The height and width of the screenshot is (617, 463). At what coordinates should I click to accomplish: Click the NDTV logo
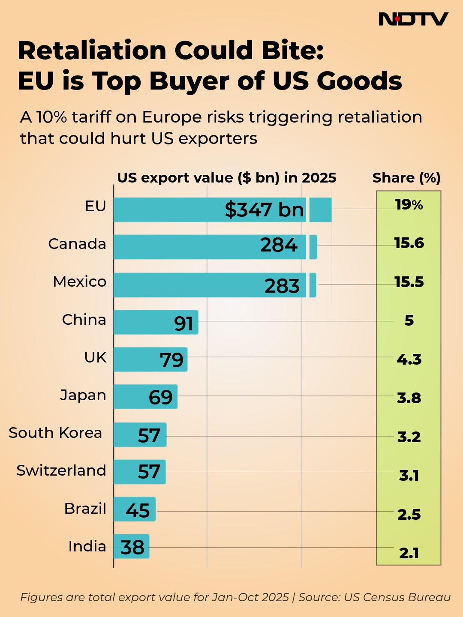[x=413, y=19]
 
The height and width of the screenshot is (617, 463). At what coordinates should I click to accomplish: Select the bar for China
[x=156, y=322]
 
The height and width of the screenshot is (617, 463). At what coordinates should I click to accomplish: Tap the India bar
[x=131, y=546]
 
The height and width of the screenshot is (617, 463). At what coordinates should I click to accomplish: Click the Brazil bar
[x=135, y=509]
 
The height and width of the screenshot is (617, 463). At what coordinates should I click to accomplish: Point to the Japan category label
[x=83, y=395]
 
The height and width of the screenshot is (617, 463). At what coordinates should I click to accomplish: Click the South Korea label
[x=55, y=433]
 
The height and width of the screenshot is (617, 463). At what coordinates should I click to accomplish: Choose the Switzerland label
[x=61, y=470]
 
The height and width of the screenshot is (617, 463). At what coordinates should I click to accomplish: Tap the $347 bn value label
[x=264, y=210]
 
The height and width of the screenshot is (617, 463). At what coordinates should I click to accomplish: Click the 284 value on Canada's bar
[x=279, y=245]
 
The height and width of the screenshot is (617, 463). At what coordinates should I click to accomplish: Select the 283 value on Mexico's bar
[x=282, y=286]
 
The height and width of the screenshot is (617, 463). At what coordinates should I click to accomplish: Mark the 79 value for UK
[x=171, y=360]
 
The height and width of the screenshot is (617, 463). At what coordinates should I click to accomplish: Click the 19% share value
[x=409, y=205]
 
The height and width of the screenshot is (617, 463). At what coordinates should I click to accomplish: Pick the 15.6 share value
[x=409, y=243]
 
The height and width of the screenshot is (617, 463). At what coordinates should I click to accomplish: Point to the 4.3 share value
[x=409, y=359]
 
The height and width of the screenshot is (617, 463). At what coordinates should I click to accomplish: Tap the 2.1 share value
[x=409, y=553]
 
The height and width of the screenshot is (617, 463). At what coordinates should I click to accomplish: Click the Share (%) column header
[x=406, y=178]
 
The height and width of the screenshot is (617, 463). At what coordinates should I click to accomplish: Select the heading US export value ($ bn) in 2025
[x=227, y=178]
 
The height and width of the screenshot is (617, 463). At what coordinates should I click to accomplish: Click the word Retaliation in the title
[x=92, y=51]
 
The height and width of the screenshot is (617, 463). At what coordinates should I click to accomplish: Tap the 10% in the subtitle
[x=51, y=117]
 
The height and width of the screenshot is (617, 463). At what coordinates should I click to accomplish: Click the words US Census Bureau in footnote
[x=397, y=597]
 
